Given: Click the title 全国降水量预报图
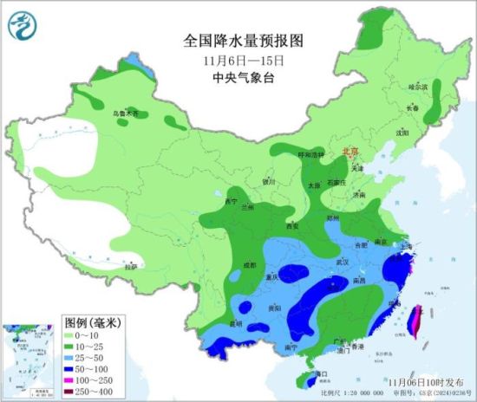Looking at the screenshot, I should (245, 41).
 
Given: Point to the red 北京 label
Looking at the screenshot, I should (350, 150).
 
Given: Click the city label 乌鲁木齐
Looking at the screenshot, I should (124, 113).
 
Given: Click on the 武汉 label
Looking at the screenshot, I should (341, 261).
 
